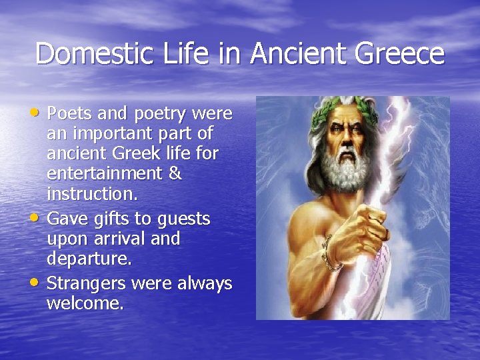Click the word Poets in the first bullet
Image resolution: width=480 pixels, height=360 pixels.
(x=73, y=115)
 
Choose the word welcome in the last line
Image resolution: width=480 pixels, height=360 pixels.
(x=85, y=304)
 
